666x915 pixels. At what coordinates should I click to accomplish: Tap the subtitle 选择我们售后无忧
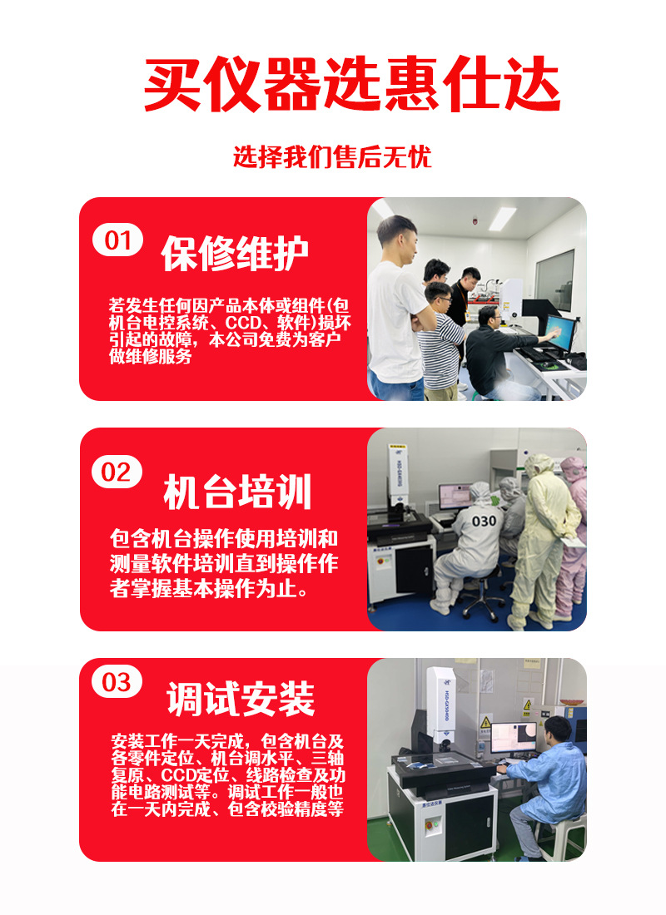332,157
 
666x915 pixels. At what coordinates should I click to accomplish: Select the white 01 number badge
117,240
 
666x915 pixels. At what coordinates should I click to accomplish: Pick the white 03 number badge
117,683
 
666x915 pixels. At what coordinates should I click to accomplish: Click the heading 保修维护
235,254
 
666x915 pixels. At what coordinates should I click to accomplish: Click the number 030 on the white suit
484,521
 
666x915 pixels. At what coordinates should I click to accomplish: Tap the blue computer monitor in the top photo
559,330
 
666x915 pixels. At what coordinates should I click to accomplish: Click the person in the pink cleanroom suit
572,524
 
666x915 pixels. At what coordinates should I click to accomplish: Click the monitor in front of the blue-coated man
513,736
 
